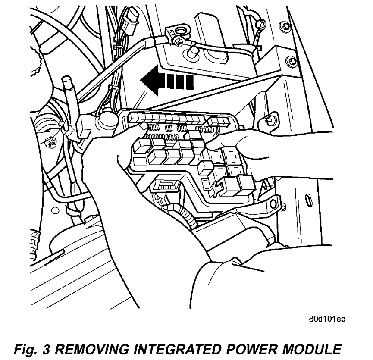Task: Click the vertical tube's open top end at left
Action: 66,80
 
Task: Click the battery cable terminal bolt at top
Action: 177,41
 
